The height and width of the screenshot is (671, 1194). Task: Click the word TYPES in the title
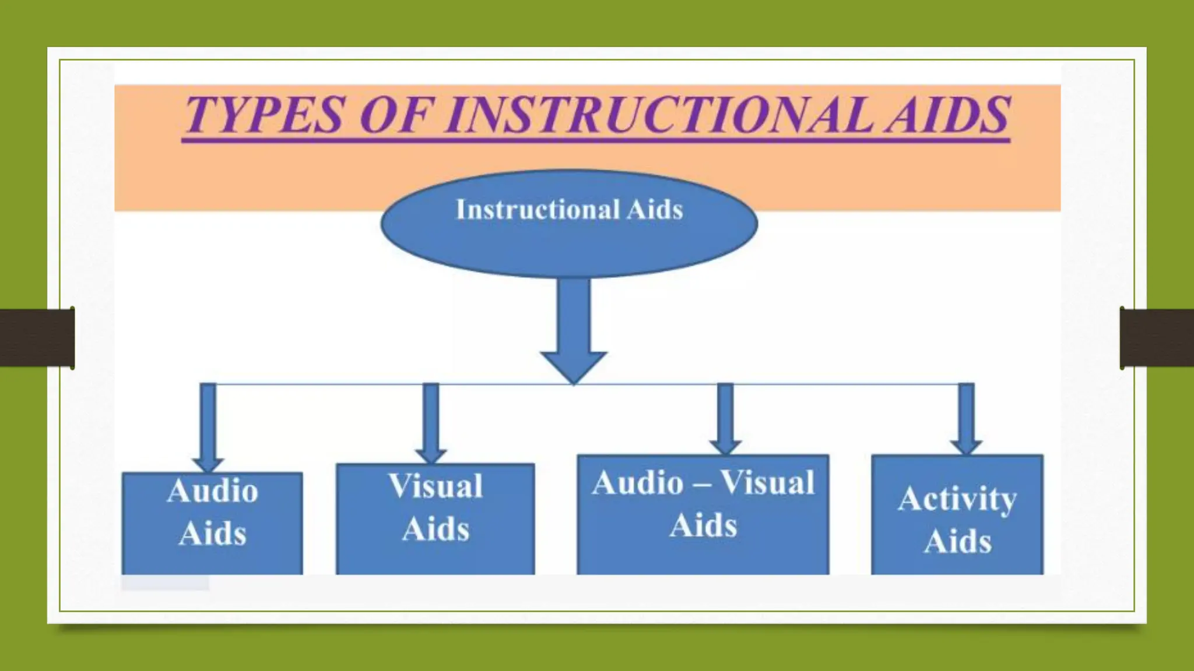[x=264, y=115]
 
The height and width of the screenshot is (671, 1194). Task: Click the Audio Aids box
[x=212, y=524]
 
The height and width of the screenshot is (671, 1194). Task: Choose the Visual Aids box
[x=435, y=518]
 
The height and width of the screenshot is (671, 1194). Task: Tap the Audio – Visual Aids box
[x=703, y=515]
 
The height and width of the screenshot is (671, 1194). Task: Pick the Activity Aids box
[x=957, y=515]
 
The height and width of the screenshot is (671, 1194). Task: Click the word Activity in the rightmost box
[x=957, y=499]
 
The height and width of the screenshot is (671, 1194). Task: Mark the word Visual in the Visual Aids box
[x=436, y=486]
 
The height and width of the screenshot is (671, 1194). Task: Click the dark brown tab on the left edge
[x=36, y=338]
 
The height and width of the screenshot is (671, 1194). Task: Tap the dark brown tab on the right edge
[x=1157, y=338]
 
